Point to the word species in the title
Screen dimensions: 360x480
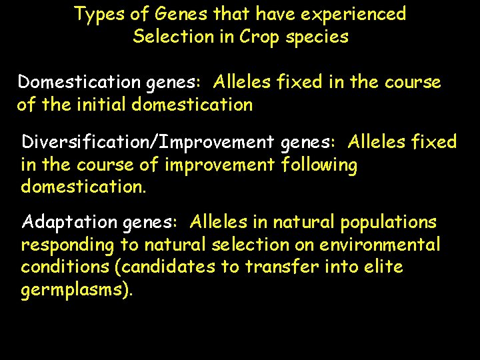click(317, 37)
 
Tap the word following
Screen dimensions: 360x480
click(319, 165)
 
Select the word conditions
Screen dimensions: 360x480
click(59, 267)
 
